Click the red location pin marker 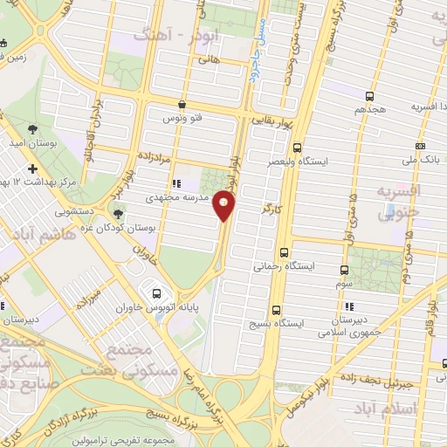point(225,206)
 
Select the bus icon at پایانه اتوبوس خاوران point(157,293)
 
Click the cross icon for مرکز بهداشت point(33,168)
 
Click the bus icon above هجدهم point(369,96)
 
